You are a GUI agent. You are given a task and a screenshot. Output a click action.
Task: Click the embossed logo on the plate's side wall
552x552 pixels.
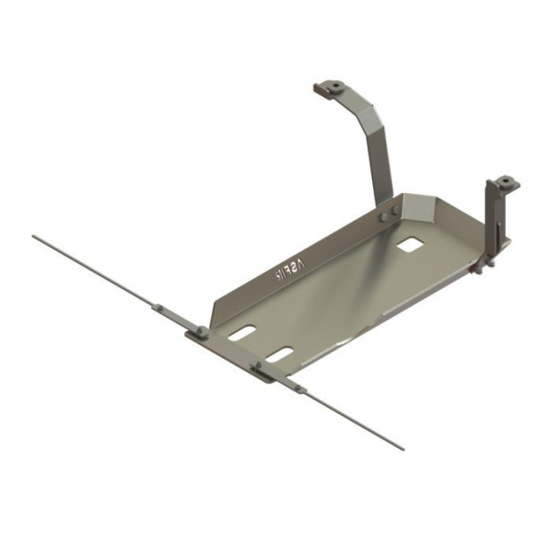click(x=290, y=272)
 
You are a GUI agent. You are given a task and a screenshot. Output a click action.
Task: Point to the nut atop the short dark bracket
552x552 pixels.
click(x=505, y=183)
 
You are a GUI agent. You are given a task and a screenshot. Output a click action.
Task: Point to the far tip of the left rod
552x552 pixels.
click(x=34, y=237)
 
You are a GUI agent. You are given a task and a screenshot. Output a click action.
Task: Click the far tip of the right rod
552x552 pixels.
click(x=402, y=448)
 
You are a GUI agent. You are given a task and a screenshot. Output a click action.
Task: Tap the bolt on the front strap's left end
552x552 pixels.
click(x=202, y=331)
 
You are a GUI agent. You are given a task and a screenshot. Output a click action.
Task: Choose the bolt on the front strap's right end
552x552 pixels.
click(x=258, y=364)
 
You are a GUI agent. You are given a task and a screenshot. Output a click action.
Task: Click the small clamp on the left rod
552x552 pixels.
click(x=158, y=307)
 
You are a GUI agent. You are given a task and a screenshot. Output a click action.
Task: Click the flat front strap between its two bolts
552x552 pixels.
click(x=230, y=349)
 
